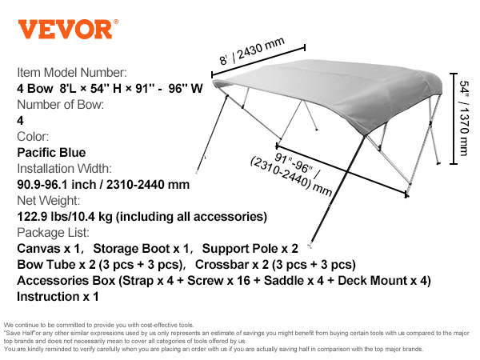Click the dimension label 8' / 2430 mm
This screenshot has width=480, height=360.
tap(252, 50)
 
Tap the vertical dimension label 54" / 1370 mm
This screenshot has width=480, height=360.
tap(464, 118)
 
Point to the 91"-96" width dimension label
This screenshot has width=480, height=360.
tap(291, 174)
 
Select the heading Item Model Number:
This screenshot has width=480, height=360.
tap(72, 73)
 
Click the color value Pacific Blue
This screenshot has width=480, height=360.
tap(51, 153)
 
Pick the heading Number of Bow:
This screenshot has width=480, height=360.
tap(60, 104)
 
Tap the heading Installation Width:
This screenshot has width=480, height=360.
tap(64, 168)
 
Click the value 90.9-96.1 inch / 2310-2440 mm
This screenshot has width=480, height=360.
tap(103, 184)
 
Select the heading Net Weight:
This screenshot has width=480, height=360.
tap(48, 201)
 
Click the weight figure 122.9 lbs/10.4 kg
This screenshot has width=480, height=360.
tap(65, 217)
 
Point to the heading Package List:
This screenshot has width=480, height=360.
tap(53, 233)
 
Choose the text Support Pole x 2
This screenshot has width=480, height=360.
tap(250, 249)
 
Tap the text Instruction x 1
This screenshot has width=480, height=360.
tap(58, 297)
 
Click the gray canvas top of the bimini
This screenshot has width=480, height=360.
tap(330, 92)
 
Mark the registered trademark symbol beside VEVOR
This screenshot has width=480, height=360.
tap(116, 22)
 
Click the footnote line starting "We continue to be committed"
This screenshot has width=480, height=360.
tap(99, 325)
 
